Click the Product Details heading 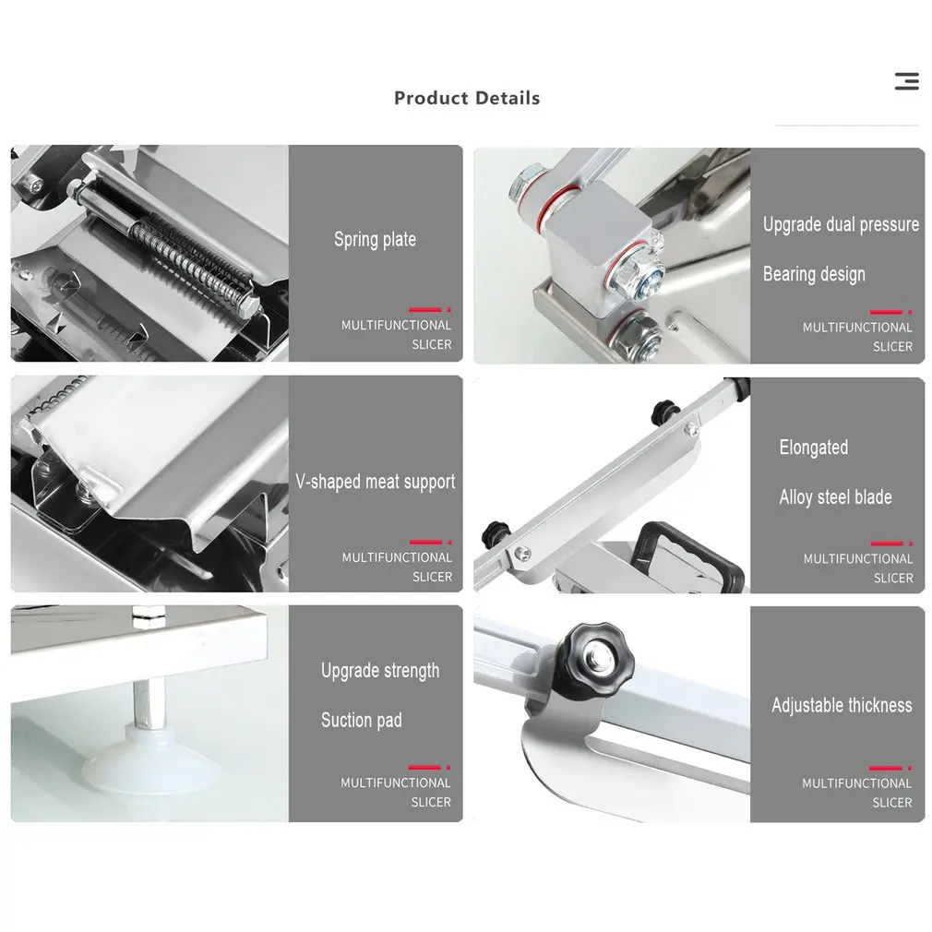coord(467,98)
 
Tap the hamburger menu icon coord(907,80)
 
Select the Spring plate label coord(375,240)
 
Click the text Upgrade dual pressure coord(841,224)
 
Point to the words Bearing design coord(814,274)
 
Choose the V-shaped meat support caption coord(376,482)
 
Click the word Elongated coord(813,448)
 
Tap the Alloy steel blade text coord(835,497)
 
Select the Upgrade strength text coord(380,671)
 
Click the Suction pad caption coord(362,721)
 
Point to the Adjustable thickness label coord(842,706)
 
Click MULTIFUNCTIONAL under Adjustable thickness coord(856,783)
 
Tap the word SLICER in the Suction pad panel coord(431,803)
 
